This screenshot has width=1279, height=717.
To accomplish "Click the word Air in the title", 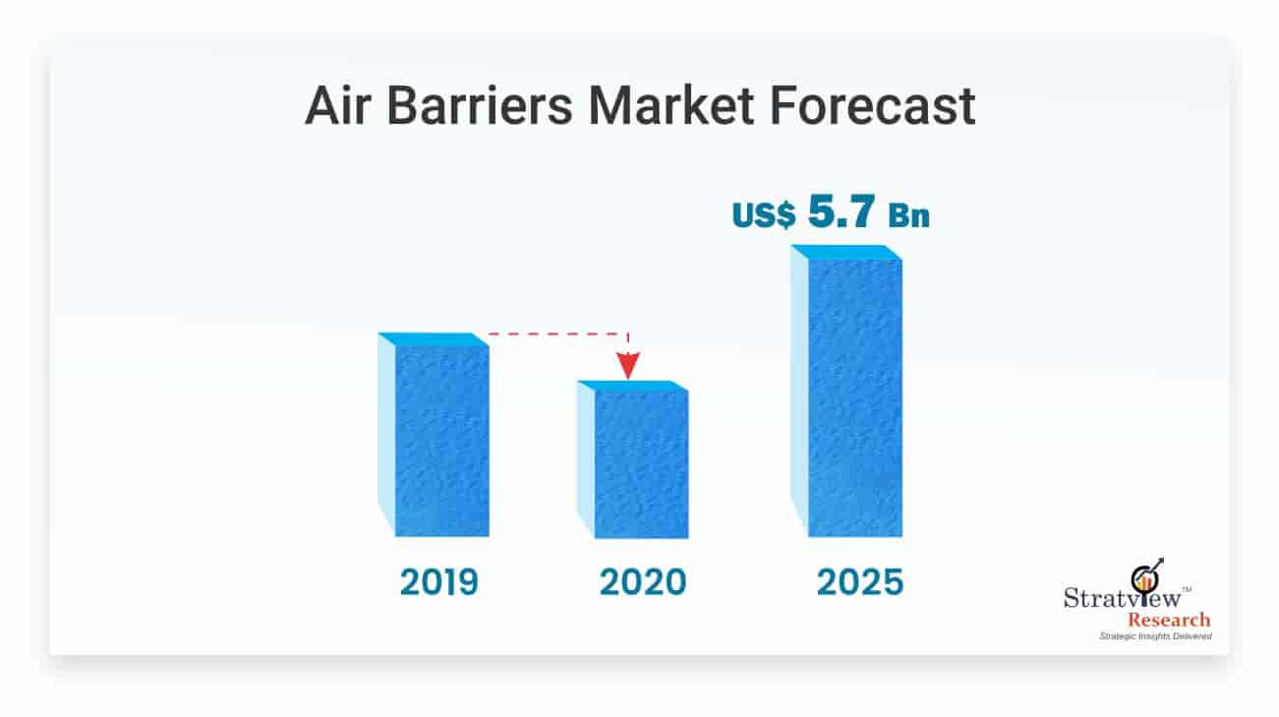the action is [x=338, y=105].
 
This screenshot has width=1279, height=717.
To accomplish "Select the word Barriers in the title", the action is [x=480, y=105].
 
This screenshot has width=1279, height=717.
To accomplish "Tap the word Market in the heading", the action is [x=670, y=105].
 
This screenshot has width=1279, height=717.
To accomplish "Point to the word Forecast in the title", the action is [x=872, y=105].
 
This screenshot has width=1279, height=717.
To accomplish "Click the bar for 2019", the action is [x=434, y=435].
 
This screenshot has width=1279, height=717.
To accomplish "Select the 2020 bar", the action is [x=633, y=459].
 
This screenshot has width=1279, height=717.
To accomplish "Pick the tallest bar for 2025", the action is [x=846, y=390].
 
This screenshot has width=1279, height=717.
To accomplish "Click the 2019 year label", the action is [x=439, y=582].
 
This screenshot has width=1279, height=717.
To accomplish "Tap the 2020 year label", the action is [x=643, y=582].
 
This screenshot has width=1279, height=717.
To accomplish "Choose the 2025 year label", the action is [x=860, y=582].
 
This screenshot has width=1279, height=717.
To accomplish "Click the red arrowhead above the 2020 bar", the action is [x=628, y=366].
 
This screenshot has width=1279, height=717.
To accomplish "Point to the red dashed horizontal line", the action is [x=557, y=333].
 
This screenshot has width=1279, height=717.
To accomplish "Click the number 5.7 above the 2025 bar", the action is [x=842, y=211].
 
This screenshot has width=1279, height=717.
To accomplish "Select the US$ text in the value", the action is [x=764, y=215].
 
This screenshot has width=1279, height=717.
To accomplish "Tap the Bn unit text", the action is [x=908, y=215].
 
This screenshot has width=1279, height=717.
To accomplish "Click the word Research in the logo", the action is [x=1169, y=620].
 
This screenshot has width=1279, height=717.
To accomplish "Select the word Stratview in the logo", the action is [x=1122, y=598].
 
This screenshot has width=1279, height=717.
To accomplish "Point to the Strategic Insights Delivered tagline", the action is [x=1156, y=636].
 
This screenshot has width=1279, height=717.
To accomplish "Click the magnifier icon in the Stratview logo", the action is [x=1146, y=577].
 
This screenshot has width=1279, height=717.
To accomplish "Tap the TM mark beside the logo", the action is [x=1187, y=589].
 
